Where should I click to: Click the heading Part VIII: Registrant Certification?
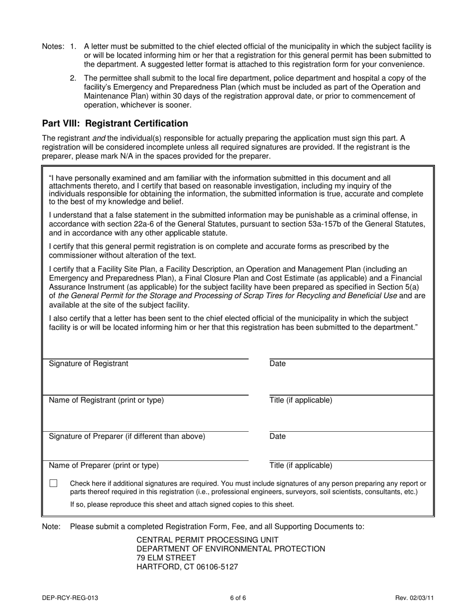point(115,124)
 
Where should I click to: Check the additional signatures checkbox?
point(54,483)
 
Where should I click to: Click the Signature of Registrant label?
point(88,364)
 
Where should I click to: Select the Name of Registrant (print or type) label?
point(106,400)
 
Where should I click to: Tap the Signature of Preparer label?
point(127,436)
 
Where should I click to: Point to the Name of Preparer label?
point(103,465)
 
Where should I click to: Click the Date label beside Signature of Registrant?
point(278,364)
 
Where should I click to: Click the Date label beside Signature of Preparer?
point(278,436)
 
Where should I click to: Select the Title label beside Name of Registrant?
point(301,400)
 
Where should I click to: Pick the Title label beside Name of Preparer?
point(301,465)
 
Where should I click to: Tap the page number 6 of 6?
point(238,597)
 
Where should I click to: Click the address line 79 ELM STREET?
point(166,558)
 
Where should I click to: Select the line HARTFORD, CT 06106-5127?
point(187,567)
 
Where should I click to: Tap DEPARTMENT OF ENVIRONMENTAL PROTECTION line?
point(230,549)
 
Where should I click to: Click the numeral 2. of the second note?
point(73,78)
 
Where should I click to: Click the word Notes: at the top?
point(53,47)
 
